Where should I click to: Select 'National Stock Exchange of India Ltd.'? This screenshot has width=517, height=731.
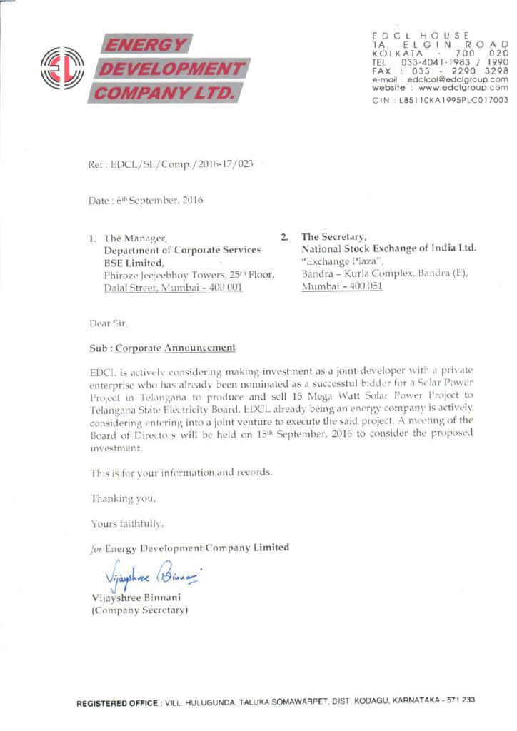388,248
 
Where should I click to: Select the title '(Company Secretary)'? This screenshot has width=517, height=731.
139,611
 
